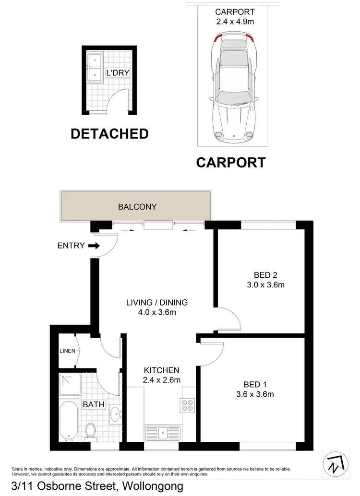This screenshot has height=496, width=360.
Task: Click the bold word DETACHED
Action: pos(109,134)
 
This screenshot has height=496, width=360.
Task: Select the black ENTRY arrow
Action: pos(95,246)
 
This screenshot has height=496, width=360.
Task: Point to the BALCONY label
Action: pos(137,207)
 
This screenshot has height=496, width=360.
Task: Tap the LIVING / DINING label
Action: pos(156,303)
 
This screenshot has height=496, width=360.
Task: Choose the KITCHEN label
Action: pos(162,370)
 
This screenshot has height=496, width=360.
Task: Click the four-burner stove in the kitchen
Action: pos(187,406)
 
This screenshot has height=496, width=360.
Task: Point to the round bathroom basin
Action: pos(115,414)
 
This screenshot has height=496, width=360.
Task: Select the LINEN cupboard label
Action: pos(67,351)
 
